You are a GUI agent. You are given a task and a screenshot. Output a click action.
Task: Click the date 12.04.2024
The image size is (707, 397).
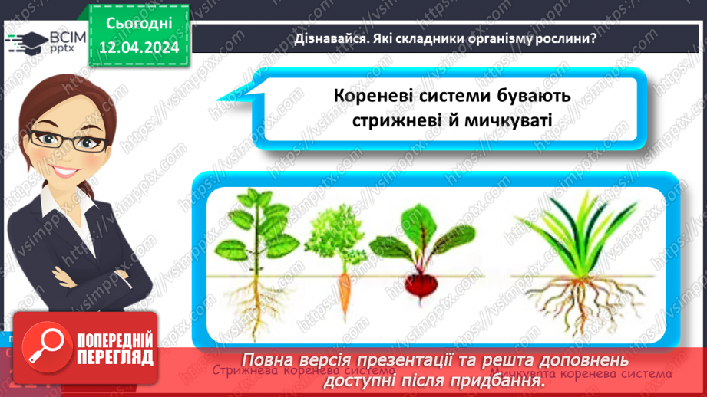point(138,48)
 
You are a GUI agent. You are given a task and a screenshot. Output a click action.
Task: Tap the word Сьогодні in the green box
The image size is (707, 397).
point(138,24)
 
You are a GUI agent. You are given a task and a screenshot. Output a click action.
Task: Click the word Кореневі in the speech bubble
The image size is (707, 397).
point(372,96)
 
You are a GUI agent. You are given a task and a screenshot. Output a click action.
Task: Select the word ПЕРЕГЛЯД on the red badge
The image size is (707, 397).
point(115,357)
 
